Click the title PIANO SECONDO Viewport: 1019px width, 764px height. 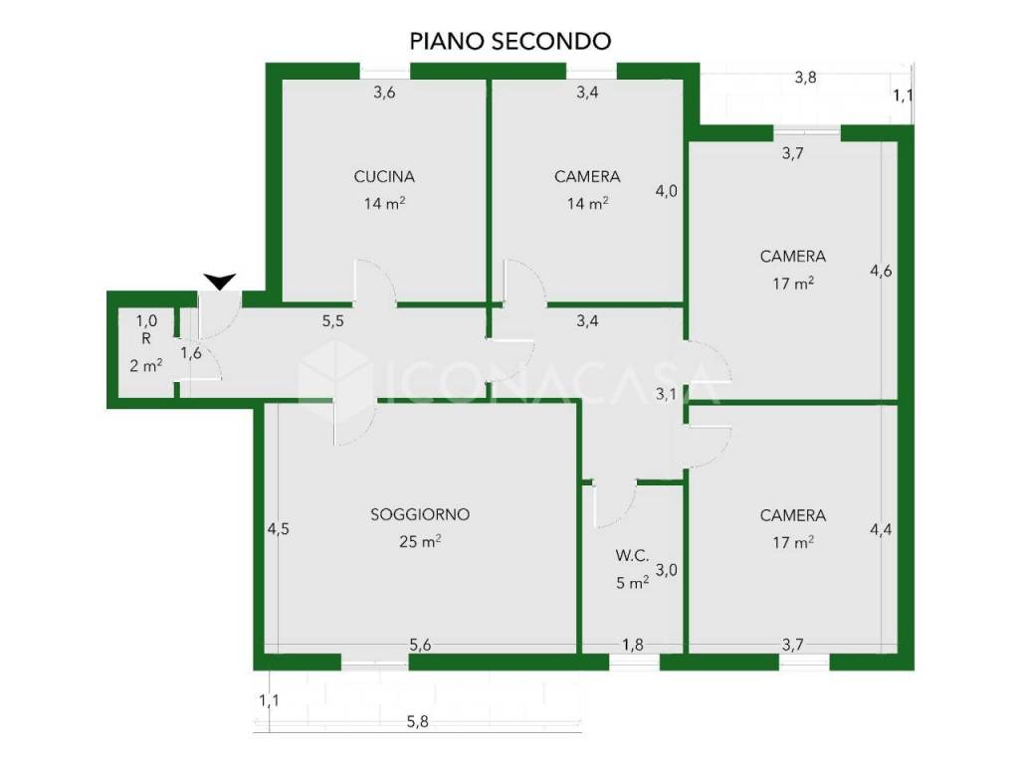(x=509, y=41)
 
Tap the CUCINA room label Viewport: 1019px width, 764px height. (x=384, y=177)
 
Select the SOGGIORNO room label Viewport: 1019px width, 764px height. (x=419, y=515)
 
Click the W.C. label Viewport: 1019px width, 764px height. (x=633, y=555)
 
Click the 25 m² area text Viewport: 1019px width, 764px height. (x=419, y=542)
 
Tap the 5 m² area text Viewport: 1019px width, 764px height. (x=633, y=583)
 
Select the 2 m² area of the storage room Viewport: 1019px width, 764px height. (x=146, y=365)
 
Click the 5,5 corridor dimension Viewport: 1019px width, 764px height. (x=333, y=321)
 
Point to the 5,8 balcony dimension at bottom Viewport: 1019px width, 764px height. (x=416, y=723)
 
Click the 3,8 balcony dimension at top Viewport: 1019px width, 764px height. (x=805, y=77)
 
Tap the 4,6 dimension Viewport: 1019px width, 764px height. (x=881, y=270)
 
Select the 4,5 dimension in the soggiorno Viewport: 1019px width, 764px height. (x=278, y=529)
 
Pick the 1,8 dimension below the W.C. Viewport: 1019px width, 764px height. (x=633, y=645)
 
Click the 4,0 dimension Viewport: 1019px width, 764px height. (x=666, y=191)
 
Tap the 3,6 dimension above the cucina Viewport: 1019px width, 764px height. (x=384, y=94)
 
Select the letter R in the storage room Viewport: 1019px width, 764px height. (x=146, y=338)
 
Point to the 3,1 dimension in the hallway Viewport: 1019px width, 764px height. (x=666, y=394)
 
